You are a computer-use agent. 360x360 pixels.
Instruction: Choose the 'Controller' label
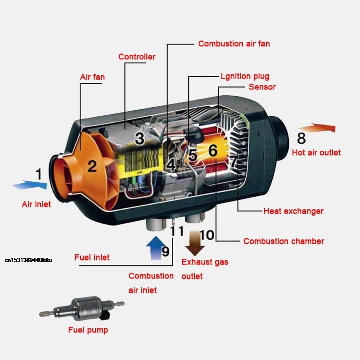[137, 57]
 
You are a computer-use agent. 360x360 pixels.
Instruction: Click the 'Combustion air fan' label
[234, 44]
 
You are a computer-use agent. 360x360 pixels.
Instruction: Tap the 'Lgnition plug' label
[245, 76]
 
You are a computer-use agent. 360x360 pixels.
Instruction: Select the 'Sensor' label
[262, 86]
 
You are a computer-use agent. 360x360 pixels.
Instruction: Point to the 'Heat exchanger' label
[293, 211]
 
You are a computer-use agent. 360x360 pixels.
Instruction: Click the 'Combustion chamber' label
[283, 241]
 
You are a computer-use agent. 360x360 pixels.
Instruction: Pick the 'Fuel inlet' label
[92, 257]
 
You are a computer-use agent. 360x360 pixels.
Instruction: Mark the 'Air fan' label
[92, 77]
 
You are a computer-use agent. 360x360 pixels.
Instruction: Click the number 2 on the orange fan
[92, 166]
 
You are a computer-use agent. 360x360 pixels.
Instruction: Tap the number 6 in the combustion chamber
[213, 151]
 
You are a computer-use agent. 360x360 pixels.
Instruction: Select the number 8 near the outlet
[301, 138]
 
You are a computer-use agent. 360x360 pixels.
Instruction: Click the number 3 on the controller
[139, 138]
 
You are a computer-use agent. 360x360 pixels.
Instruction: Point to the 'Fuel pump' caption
[88, 330]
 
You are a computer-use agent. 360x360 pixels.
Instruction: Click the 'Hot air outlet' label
[316, 153]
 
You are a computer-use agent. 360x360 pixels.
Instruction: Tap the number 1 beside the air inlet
[39, 173]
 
